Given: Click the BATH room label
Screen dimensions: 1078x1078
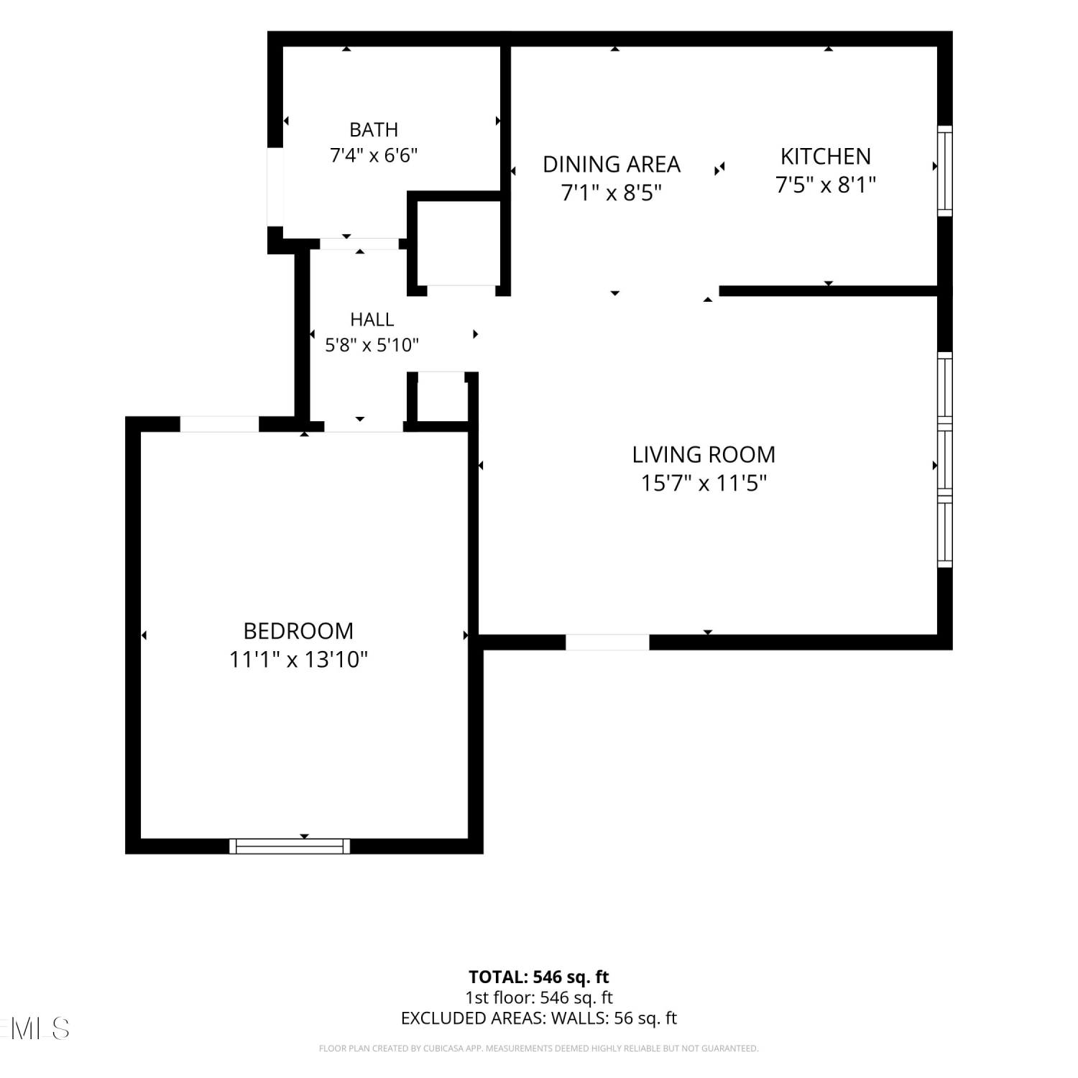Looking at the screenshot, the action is tap(374, 130).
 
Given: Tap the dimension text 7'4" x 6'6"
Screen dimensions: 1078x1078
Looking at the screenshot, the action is tap(374, 155).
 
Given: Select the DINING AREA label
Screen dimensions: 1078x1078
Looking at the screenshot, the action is tap(612, 165).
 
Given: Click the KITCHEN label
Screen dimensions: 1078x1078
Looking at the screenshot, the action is tap(826, 157).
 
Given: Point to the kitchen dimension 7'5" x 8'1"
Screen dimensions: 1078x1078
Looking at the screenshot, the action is tap(826, 185).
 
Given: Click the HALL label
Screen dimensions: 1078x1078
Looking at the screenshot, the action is tap(372, 319).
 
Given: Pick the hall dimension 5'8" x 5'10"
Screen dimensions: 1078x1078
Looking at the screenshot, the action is tap(372, 345).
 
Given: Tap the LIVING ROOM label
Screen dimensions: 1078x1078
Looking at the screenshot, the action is tap(704, 455).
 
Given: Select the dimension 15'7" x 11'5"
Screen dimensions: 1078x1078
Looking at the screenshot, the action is tap(704, 483).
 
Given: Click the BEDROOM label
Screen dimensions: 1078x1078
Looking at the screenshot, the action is tap(298, 631).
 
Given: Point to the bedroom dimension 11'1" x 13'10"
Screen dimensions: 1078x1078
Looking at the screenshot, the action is tap(298, 660).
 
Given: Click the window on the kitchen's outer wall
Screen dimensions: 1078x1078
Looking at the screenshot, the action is tap(945, 171).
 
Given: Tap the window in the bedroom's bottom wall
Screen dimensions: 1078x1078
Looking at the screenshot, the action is tap(290, 847).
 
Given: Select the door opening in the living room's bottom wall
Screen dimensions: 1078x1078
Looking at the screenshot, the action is tap(607, 642).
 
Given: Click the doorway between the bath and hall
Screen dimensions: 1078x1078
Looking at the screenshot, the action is tap(359, 244).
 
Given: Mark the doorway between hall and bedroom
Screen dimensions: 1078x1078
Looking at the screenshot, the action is tap(364, 426).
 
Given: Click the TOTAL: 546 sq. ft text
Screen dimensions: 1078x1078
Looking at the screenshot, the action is tap(539, 977).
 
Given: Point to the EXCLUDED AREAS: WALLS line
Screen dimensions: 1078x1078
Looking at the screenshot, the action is tap(539, 1018).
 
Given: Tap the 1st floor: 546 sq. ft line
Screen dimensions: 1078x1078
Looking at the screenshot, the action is tap(539, 998).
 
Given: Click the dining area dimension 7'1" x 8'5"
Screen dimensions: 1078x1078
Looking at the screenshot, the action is tap(612, 193).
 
